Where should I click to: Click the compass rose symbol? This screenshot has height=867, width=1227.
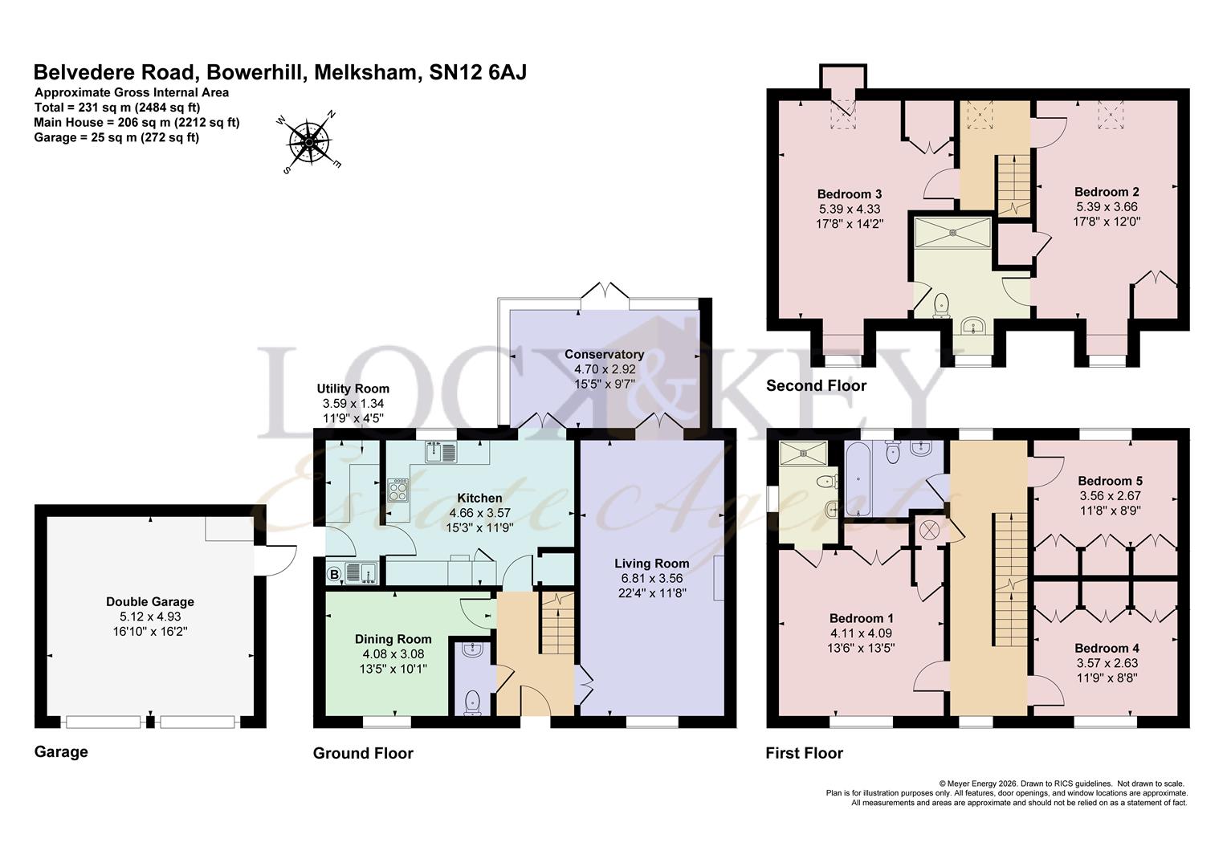click(309, 142)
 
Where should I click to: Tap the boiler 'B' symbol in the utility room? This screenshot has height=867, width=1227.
click(333, 574)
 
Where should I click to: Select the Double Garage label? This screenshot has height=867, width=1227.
click(150, 601)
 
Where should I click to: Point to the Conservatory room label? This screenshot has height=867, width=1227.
click(604, 354)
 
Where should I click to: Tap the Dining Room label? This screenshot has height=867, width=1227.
click(393, 639)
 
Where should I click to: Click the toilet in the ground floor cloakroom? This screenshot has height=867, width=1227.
click(473, 702)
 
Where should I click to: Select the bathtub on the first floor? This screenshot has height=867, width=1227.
click(857, 482)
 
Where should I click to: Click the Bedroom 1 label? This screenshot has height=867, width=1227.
click(861, 618)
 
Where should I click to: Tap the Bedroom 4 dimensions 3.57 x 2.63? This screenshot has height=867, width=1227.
click(1107, 663)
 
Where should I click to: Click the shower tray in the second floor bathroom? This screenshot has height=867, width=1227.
click(952, 231)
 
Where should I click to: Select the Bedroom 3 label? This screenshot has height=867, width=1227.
click(850, 193)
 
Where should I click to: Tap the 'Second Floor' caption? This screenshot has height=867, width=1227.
click(816, 385)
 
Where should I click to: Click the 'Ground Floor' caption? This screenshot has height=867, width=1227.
click(363, 753)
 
